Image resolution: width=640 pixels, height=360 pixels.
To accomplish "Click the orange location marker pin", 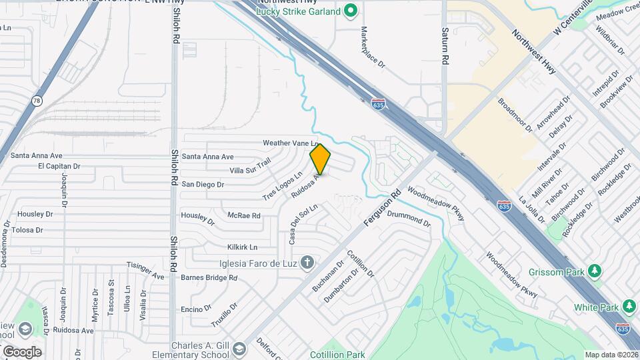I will click(321, 159).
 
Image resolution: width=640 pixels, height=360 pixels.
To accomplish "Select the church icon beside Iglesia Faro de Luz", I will click(307, 261).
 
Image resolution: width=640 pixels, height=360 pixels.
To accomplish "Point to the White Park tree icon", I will click(629, 307).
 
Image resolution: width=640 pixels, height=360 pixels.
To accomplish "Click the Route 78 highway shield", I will click(36, 101).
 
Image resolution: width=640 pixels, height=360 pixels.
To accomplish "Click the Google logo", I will click(22, 351).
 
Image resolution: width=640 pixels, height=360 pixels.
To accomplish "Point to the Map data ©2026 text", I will click(611, 355).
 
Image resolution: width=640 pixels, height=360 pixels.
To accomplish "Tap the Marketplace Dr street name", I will click(373, 47).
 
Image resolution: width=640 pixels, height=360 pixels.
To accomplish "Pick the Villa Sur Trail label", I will click(250, 167).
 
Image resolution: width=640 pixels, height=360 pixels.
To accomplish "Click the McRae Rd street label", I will click(243, 215).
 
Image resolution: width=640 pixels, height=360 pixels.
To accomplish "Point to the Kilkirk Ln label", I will click(242, 247).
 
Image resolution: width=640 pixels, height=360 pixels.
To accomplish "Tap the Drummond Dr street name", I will click(409, 218).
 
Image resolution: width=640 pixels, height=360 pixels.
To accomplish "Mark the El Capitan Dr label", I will click(59, 166).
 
